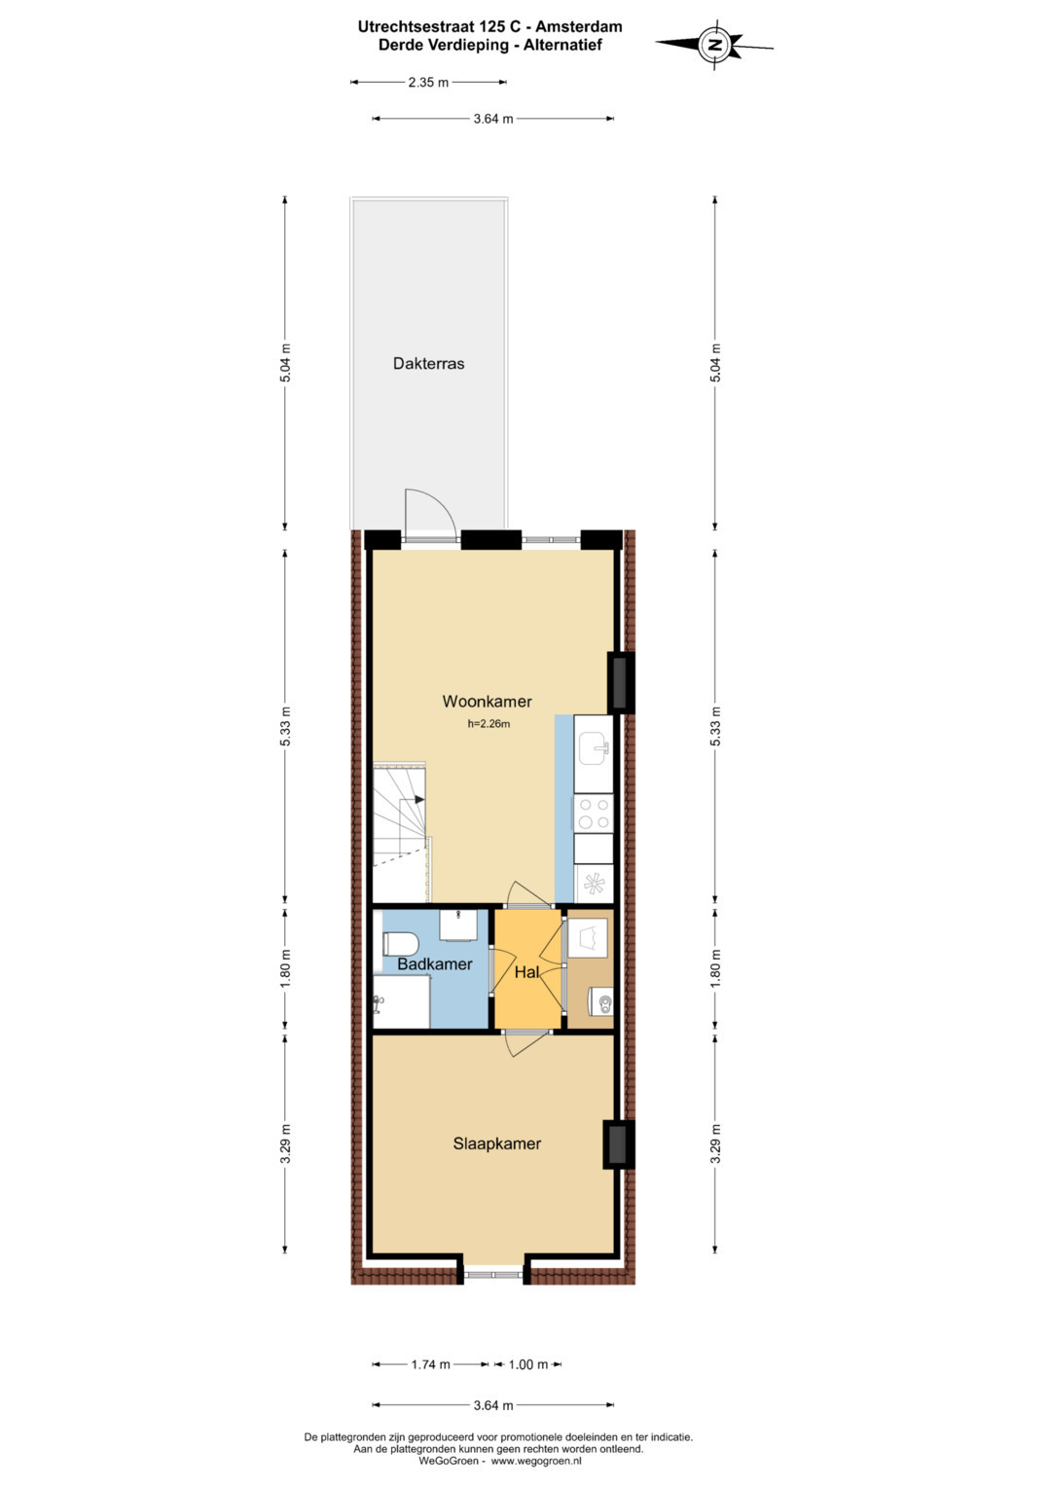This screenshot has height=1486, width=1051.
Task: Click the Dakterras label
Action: tap(428, 364)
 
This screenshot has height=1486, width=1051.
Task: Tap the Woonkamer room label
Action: tap(487, 702)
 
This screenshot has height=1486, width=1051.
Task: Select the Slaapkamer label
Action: tap(497, 1143)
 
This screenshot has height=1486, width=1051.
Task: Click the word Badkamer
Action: tap(435, 964)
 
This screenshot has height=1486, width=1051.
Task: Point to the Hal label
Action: tap(526, 972)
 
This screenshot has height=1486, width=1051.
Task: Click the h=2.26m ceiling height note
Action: tap(489, 724)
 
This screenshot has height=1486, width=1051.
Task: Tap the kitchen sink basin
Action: tap(594, 749)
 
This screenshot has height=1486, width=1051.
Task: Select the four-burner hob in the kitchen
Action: tap(594, 814)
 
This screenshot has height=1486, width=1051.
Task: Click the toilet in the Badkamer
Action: tap(399, 943)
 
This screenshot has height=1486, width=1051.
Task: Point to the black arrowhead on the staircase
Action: tap(418, 799)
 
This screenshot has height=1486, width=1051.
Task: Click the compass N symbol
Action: tap(714, 45)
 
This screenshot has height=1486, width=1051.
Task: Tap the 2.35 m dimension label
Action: tap(428, 83)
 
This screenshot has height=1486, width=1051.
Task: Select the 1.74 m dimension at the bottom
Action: tap(430, 1364)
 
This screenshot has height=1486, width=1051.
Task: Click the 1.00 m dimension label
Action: tap(528, 1364)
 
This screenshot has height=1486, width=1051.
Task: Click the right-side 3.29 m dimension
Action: tap(715, 1143)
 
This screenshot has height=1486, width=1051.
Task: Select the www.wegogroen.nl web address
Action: tap(536, 1460)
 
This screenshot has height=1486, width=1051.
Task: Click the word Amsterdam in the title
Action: tap(579, 26)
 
